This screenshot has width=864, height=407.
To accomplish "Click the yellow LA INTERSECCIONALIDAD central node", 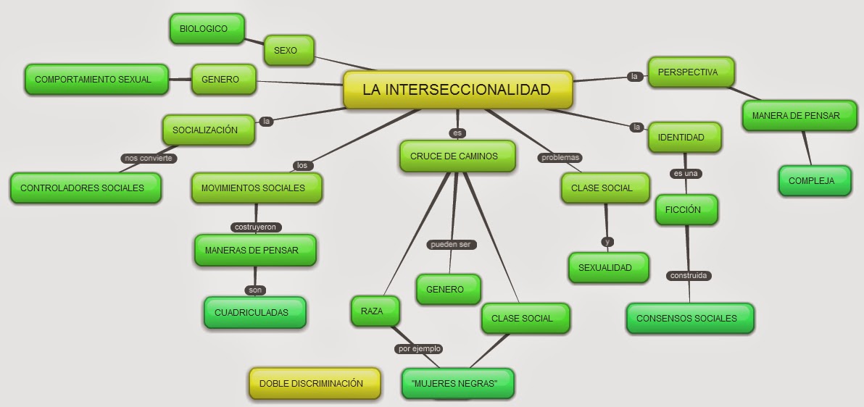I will tap(457, 91).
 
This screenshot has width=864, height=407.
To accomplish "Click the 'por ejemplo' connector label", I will tap(419, 349).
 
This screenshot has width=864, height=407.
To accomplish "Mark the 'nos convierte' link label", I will tap(149, 158).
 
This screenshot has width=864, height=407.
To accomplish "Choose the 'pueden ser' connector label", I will tap(450, 245).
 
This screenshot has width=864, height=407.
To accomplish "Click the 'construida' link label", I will tap(688, 276).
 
